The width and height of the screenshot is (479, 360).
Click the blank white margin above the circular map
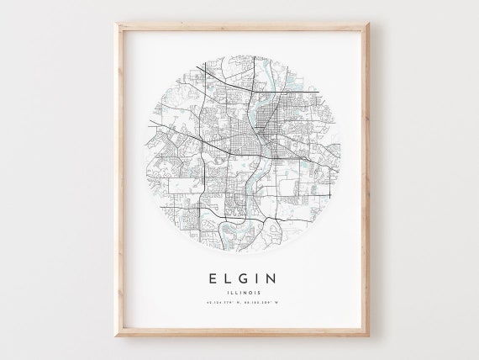(239, 40)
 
